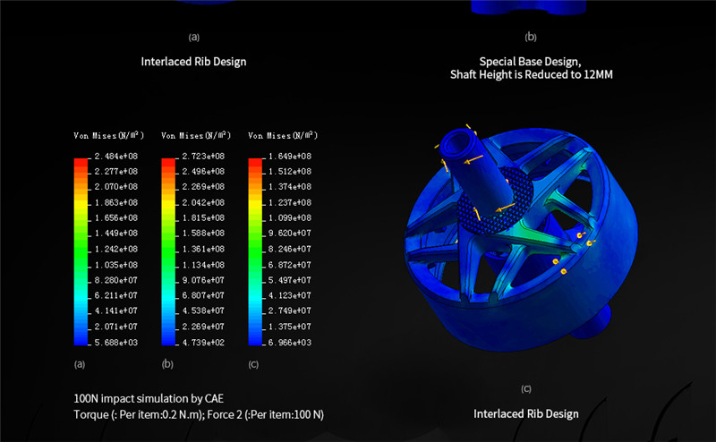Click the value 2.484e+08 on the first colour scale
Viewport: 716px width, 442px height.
click(116, 157)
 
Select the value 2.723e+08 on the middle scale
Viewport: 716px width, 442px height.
click(203, 157)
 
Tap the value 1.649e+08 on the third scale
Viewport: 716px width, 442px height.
click(290, 157)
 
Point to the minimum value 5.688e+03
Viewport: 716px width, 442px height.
click(116, 343)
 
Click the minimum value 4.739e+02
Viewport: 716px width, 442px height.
click(203, 343)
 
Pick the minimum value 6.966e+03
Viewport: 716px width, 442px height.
click(290, 343)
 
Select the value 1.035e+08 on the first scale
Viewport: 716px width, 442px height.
click(116, 265)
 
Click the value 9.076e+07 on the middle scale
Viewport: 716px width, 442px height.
click(203, 280)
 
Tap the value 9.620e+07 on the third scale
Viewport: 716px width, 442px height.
click(290, 234)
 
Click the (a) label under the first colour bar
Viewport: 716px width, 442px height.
click(80, 364)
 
